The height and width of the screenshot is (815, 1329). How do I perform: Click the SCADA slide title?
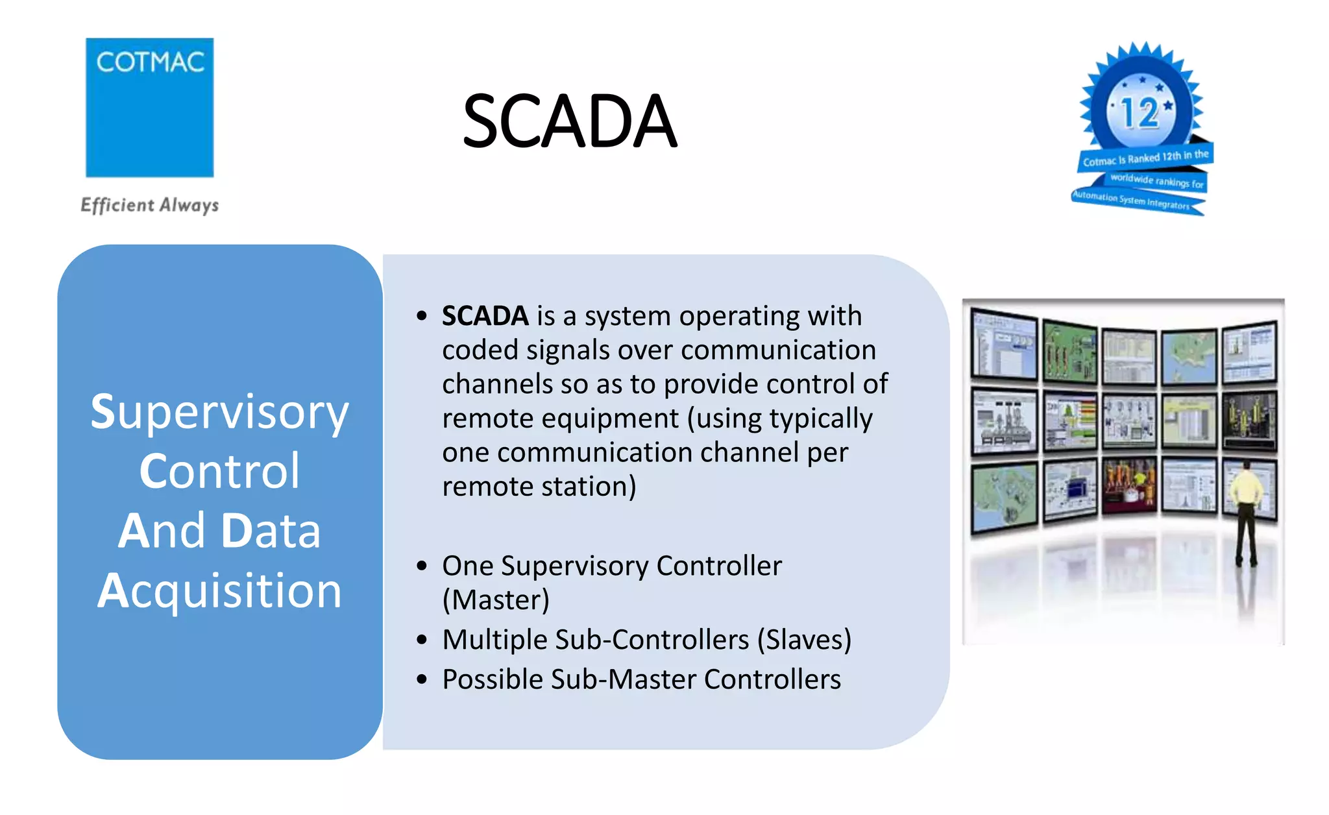(570, 121)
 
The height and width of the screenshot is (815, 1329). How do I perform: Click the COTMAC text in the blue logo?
(150, 62)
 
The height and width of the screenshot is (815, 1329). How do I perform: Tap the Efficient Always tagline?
(149, 205)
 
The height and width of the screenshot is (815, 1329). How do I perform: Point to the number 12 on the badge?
(1140, 113)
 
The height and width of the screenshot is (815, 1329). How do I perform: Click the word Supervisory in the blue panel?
(219, 413)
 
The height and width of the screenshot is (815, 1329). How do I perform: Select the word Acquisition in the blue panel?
(219, 591)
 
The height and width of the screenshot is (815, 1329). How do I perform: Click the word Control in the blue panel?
(219, 471)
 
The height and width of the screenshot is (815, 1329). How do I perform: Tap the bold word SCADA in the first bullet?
(485, 316)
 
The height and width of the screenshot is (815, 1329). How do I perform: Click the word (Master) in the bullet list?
(496, 600)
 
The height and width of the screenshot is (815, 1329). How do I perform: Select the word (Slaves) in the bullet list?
(804, 640)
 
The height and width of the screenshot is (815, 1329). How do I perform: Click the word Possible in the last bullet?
(493, 679)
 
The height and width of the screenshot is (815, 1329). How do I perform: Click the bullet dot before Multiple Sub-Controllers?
(422, 640)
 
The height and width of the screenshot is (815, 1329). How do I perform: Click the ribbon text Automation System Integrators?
(1132, 200)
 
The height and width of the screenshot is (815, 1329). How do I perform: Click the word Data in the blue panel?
(271, 531)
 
